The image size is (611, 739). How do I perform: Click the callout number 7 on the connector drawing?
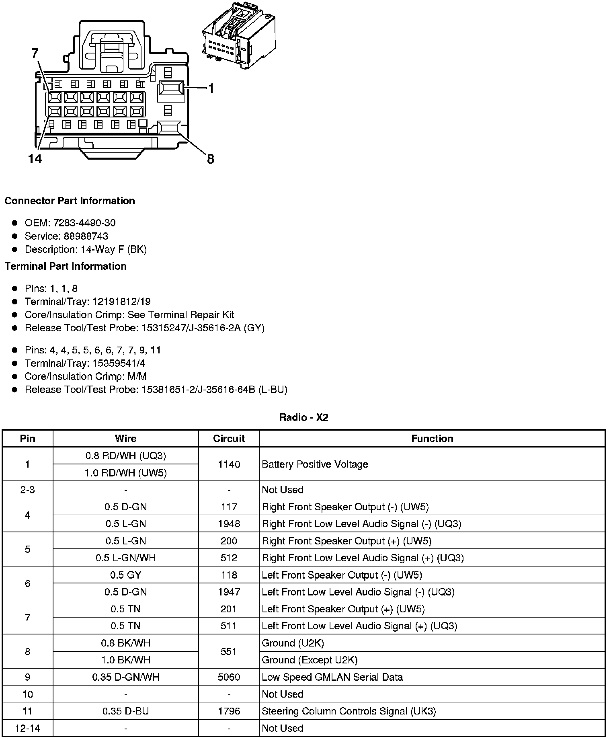[x=35, y=53]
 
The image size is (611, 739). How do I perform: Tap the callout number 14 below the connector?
[x=35, y=159]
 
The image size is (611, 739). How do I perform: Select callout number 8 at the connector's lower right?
[x=211, y=159]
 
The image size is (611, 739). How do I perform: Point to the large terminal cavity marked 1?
[x=171, y=89]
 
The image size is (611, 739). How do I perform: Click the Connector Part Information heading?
[x=70, y=201]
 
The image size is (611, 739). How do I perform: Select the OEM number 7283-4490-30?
[x=84, y=223]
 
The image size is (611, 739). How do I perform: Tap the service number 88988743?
[x=86, y=236]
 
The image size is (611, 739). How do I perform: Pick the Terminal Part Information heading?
[x=66, y=266]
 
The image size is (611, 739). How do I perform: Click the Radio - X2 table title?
[x=303, y=417]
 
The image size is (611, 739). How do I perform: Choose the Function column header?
[x=432, y=438]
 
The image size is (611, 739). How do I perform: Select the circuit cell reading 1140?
[x=229, y=464]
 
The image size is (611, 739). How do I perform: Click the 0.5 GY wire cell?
[x=125, y=575]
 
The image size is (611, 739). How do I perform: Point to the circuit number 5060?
[x=229, y=677]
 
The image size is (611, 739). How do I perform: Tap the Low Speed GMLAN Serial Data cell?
[x=332, y=677]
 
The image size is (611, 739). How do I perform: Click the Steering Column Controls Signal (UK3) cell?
[x=349, y=711]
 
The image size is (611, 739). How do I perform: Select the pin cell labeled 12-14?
[x=27, y=728]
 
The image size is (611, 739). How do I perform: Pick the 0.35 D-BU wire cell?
[x=125, y=711]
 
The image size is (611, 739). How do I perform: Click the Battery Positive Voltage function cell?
[x=315, y=464]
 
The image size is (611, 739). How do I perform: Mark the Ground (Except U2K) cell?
[x=310, y=660]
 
